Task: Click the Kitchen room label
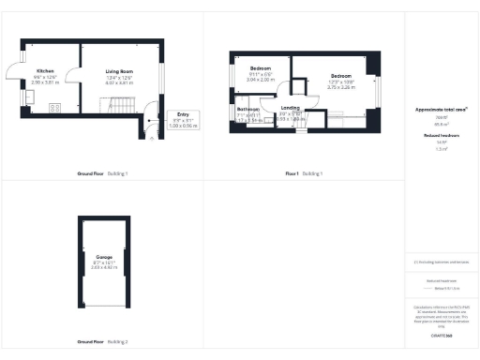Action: coord(45,71)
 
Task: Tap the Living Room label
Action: coord(119,71)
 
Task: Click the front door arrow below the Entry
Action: coord(153,137)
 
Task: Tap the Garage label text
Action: coord(104,256)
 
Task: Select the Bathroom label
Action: coord(247,109)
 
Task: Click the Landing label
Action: coord(290,109)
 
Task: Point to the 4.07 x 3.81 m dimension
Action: coord(119,82)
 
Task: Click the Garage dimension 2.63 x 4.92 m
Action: coord(104,267)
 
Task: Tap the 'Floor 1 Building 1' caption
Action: coord(304,174)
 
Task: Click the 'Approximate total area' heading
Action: coord(442,110)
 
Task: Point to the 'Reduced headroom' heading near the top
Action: coord(442,135)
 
